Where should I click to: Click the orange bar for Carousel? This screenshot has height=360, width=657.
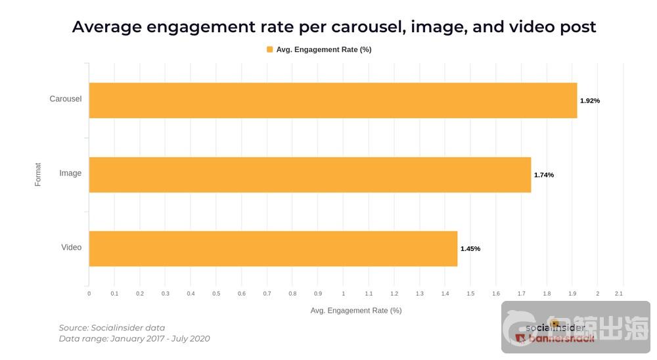(x=332, y=101)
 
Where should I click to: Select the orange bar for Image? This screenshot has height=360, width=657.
(x=309, y=175)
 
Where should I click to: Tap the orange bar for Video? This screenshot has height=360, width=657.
(x=273, y=248)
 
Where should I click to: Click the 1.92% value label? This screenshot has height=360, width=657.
(x=590, y=101)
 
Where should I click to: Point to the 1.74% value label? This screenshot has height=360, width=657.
(x=544, y=175)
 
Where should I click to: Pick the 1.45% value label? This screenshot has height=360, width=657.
(x=470, y=249)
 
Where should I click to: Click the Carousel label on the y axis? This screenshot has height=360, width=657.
(x=66, y=99)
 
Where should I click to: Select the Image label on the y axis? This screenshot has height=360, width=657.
(x=70, y=173)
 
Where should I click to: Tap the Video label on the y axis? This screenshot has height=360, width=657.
(x=72, y=248)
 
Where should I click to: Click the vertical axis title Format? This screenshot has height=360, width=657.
(x=38, y=174)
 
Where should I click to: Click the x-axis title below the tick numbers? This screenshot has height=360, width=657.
(x=356, y=311)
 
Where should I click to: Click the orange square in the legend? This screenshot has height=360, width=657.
(x=269, y=49)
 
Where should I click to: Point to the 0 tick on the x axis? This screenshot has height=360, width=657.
(x=89, y=294)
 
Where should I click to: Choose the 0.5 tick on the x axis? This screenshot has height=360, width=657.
(x=216, y=294)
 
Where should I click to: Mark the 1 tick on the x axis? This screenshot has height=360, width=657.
(x=344, y=294)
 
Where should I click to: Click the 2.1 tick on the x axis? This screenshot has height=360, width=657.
(x=618, y=294)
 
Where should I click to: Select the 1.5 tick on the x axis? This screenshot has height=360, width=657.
(x=470, y=294)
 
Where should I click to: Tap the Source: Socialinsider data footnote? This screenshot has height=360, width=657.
(x=112, y=328)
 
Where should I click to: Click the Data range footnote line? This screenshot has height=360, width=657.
(x=134, y=339)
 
